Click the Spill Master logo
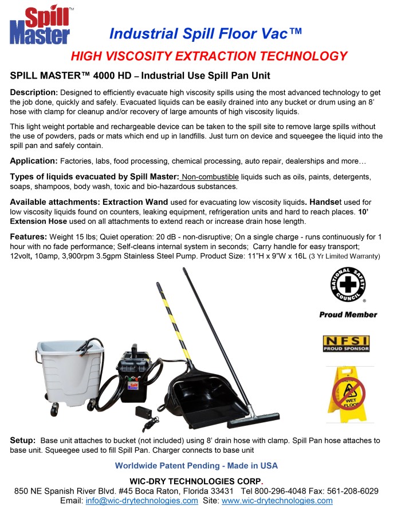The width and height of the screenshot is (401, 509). click(x=40, y=26)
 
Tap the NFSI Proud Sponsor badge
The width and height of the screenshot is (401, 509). click(x=346, y=344)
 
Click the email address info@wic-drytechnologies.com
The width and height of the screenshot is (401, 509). click(x=142, y=500)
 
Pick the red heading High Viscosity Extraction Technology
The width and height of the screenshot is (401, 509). click(x=209, y=56)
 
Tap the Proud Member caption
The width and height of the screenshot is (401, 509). click(x=348, y=314)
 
